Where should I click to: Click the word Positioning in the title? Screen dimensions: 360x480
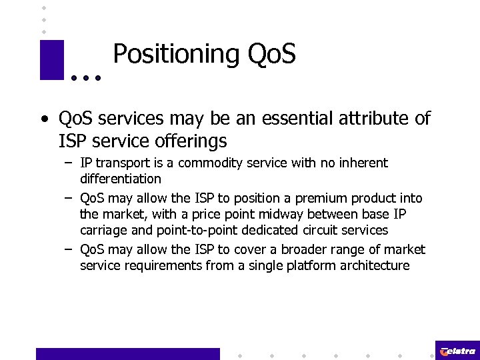click(175, 55)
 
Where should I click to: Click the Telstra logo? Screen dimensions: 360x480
click(457, 351)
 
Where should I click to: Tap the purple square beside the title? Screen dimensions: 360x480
click(52, 60)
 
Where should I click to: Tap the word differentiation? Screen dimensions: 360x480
click(121, 179)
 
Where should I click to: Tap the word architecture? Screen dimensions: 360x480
click(373, 265)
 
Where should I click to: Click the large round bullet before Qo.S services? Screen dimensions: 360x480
click(45, 120)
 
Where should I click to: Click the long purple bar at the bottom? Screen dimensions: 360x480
click(127, 353)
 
